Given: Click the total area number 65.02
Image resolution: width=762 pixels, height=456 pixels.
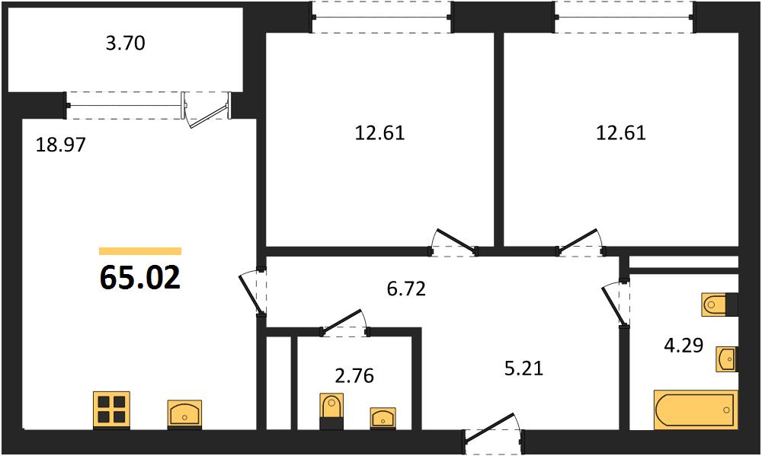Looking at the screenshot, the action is pos(140,277).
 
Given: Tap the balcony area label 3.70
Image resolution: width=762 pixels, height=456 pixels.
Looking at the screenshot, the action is pos(126,43).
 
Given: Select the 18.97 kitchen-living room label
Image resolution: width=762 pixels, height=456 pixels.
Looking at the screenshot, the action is pos(61,144).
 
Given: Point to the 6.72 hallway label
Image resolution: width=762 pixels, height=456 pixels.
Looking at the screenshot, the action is pos(406,289).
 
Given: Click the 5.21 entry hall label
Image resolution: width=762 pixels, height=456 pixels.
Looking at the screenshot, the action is pos(523,368).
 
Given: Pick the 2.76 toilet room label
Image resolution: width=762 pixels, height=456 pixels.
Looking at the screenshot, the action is pos(355,375).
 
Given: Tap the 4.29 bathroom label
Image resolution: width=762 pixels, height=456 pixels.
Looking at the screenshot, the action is pos(684,346).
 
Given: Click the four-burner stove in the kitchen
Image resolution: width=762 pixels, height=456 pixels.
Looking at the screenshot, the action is pos(112,410).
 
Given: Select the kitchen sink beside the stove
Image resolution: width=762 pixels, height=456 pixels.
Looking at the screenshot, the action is pos(184,414).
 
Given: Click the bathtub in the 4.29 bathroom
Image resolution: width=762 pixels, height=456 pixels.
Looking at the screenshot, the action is pos(696,410).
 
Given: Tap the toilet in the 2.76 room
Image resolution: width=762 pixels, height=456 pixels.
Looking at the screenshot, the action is pos(332,411).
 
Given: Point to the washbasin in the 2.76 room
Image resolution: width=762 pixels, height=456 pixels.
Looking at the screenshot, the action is pos(383,418).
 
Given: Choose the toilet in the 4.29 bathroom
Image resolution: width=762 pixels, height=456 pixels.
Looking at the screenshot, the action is pos(720,305).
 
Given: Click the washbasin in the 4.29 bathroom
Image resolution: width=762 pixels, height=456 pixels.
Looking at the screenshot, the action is pos(728,359).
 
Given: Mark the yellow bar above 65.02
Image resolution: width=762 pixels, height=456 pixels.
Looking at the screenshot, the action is pos(140,251).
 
